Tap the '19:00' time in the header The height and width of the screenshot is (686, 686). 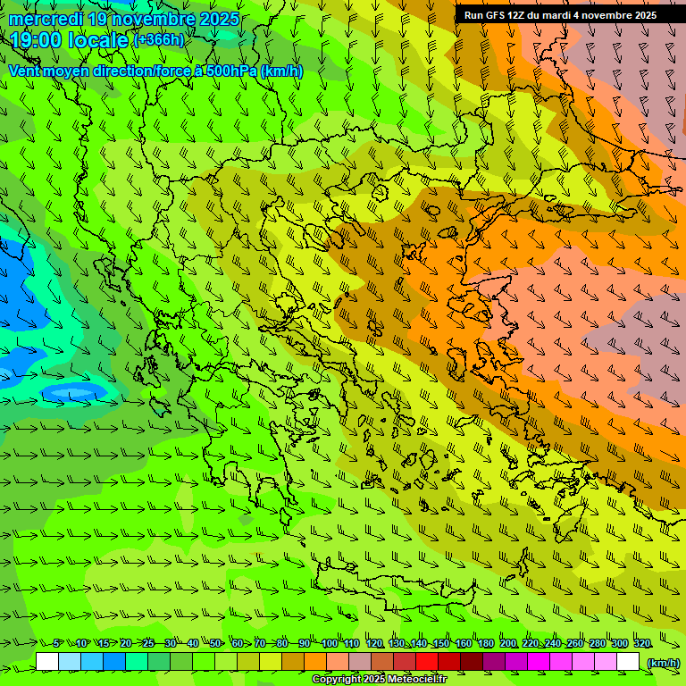click(x=37, y=40)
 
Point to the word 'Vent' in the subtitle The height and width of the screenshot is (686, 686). click(x=26, y=71)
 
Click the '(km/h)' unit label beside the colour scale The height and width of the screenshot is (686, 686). click(x=662, y=663)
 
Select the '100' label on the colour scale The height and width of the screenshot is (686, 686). click(x=329, y=643)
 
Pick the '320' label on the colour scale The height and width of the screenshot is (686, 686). click(x=641, y=643)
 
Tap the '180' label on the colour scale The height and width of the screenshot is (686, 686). click(x=485, y=643)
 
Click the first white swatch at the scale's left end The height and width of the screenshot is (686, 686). click(x=47, y=662)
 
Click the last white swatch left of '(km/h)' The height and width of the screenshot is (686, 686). click(x=628, y=662)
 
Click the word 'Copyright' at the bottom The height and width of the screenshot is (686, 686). click(x=336, y=680)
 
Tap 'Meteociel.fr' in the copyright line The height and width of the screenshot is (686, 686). click(x=417, y=680)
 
